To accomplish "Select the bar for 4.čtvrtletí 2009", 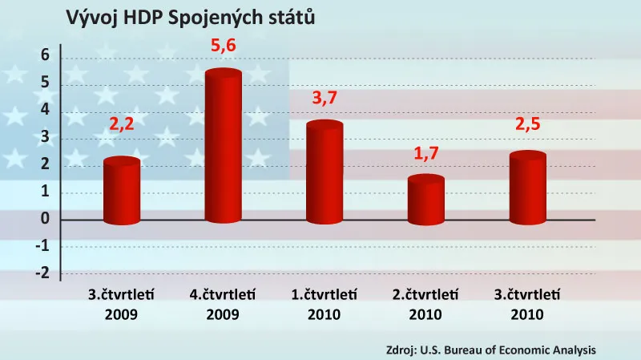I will pyautogui.click(x=224, y=148).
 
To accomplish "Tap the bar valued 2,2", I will pyautogui.click(x=122, y=191).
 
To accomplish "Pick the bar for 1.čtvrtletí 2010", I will pyautogui.click(x=325, y=172).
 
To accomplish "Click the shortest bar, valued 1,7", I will pyautogui.click(x=426, y=200).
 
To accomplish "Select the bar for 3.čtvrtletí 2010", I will pyautogui.click(x=527, y=188).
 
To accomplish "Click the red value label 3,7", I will pyautogui.click(x=325, y=99).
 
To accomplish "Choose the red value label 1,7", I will pyautogui.click(x=426, y=152).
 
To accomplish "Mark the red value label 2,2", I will pyautogui.click(x=122, y=127).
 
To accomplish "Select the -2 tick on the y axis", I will pyautogui.click(x=42, y=273).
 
